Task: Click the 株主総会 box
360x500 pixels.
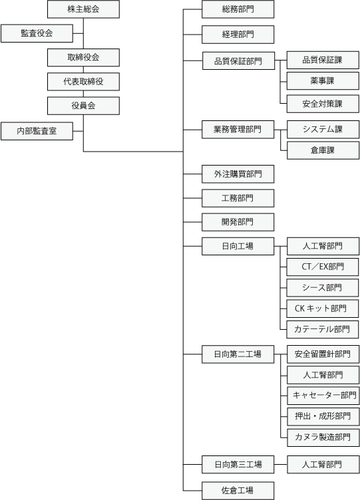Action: point(83,9)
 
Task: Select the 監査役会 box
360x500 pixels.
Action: point(37,33)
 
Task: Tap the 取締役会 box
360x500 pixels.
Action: point(83,57)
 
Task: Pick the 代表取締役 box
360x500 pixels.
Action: point(83,82)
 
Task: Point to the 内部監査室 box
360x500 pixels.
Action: point(37,131)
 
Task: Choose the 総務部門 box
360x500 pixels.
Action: point(238,9)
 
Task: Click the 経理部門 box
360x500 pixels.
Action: point(238,35)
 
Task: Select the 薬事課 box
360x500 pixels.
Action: point(323,80)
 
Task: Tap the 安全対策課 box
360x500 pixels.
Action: point(323,104)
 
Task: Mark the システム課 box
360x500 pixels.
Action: point(323,130)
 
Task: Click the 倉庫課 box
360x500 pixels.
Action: point(323,150)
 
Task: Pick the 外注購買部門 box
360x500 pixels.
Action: point(238,174)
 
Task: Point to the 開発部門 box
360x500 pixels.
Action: point(238,222)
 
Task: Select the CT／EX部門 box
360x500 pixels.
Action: point(322,267)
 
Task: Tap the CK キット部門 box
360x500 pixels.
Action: point(322,309)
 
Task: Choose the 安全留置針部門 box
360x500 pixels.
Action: point(323,354)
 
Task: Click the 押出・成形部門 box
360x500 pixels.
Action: point(323,416)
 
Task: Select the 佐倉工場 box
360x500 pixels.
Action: point(238,491)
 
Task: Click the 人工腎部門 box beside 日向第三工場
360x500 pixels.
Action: point(323,464)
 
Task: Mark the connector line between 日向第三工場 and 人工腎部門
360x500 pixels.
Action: point(281,464)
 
